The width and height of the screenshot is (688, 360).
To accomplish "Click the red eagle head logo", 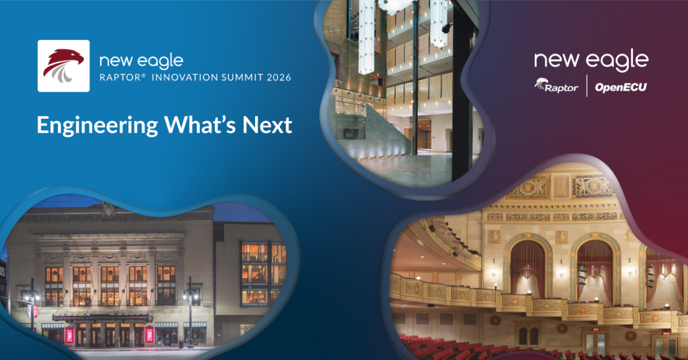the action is (x=64, y=66).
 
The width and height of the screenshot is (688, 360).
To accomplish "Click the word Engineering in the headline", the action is (x=98, y=126).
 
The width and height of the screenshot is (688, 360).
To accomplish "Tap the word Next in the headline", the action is (x=267, y=126).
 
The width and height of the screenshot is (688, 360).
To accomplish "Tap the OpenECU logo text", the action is (x=621, y=87).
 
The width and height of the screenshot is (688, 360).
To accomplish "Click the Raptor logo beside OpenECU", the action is (x=556, y=85).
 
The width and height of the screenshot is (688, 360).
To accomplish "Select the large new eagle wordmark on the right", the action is (x=591, y=60).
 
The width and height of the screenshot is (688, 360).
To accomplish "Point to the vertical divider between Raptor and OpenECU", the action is (x=587, y=85).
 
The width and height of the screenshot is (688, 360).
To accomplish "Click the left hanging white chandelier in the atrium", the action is (x=366, y=36).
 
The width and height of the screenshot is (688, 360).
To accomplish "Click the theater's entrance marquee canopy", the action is (x=102, y=318).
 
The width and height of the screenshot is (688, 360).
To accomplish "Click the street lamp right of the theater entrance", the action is (x=190, y=311).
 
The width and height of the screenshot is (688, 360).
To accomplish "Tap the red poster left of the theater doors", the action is (x=69, y=335).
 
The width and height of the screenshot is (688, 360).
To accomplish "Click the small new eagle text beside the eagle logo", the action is (x=142, y=61).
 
